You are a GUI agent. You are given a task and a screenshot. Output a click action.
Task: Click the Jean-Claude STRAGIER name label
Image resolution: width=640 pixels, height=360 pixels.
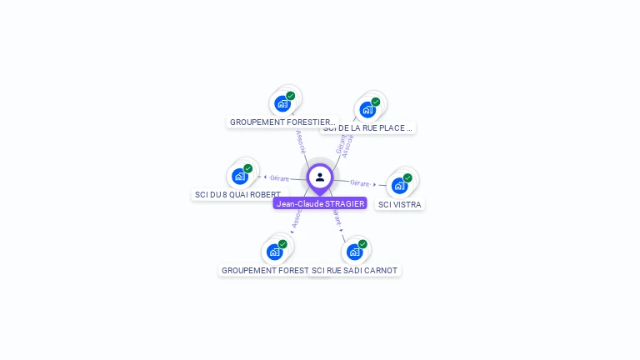tap(320, 203)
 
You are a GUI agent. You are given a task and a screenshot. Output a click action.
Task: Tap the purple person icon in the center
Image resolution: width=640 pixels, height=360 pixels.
tap(320, 177)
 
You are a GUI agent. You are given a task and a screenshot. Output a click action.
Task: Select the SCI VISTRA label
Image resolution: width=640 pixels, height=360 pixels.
tap(400, 204)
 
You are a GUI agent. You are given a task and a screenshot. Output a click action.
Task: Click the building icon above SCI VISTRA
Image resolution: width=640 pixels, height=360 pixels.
tap(399, 186)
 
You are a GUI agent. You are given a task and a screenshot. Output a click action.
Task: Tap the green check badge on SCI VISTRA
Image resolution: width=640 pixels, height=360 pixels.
tap(407, 177)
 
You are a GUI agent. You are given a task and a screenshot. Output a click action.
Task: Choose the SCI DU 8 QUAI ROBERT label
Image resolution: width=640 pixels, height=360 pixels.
tap(237, 194)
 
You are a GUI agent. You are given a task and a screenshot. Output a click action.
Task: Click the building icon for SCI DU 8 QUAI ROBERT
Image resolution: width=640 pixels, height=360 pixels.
tap(240, 177)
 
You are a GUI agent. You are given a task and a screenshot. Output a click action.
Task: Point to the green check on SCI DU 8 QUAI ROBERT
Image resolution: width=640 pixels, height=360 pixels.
tap(247, 168)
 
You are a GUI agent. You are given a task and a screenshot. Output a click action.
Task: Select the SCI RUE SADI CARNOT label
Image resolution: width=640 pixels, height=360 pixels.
tap(356, 270)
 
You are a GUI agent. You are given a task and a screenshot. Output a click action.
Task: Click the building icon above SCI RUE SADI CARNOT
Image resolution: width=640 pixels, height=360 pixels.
tap(354, 252)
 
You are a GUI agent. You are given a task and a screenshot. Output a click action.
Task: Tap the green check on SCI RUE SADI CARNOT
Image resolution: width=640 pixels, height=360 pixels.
tap(362, 244)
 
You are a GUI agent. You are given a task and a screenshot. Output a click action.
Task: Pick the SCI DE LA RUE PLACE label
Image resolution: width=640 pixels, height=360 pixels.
tap(368, 128)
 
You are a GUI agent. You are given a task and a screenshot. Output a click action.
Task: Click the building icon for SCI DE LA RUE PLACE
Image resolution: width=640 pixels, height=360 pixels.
tap(367, 109)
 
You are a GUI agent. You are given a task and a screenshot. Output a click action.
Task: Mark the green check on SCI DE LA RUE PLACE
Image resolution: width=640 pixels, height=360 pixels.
tap(375, 102)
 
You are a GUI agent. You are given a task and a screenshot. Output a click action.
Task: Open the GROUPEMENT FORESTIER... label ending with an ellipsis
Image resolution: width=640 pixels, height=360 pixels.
tap(282, 122)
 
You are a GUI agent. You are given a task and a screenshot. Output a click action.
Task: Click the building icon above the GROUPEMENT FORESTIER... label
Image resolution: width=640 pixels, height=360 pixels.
tap(282, 104)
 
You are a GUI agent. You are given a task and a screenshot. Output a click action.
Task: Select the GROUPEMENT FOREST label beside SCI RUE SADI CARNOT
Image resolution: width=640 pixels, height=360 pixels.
tap(264, 270)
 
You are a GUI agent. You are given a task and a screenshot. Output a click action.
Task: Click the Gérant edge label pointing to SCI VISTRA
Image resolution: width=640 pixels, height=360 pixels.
tap(360, 182)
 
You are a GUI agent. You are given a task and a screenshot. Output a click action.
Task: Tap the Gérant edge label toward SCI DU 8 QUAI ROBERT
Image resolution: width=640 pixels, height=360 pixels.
tap(279, 177)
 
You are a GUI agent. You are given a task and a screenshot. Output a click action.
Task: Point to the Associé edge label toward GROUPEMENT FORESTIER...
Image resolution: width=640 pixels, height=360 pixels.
tap(301, 141)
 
